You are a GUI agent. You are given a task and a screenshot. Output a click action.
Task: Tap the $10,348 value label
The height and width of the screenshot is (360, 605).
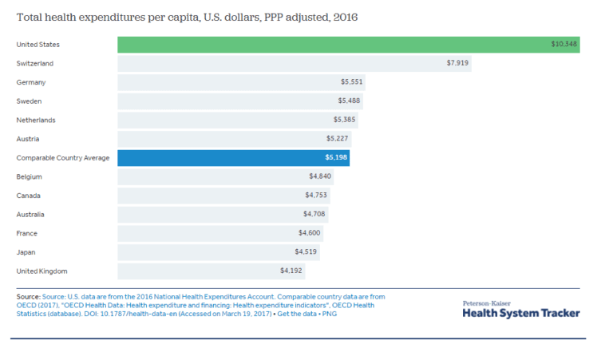click(563, 44)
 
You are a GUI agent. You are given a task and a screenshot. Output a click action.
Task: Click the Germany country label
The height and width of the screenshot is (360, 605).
click(31, 82)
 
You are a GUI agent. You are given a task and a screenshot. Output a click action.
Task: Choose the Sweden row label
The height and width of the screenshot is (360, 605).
click(30, 101)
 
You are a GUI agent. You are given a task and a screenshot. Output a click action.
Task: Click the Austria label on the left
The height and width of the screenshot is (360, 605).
click(28, 139)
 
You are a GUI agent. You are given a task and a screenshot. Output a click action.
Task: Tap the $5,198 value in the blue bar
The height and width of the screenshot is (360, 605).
click(336, 158)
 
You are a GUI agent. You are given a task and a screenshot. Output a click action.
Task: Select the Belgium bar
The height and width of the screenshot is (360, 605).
click(216, 176)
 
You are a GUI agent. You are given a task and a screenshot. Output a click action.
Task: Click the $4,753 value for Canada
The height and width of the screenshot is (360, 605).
click(315, 196)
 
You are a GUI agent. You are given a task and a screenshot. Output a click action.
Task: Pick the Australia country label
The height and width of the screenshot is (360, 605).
click(30, 215)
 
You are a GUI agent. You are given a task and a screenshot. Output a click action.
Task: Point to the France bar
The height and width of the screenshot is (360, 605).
click(208, 233)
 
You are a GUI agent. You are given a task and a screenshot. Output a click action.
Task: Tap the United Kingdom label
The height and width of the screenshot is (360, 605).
click(42, 271)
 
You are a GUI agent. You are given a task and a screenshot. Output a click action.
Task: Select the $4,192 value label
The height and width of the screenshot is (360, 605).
click(291, 271)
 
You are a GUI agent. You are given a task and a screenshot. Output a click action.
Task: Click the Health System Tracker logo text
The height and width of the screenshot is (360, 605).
click(521, 313)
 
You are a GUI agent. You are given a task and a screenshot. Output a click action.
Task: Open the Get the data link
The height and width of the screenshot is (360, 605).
click(299, 314)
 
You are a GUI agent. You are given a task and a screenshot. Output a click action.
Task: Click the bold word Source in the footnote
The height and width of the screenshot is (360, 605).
click(28, 296)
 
